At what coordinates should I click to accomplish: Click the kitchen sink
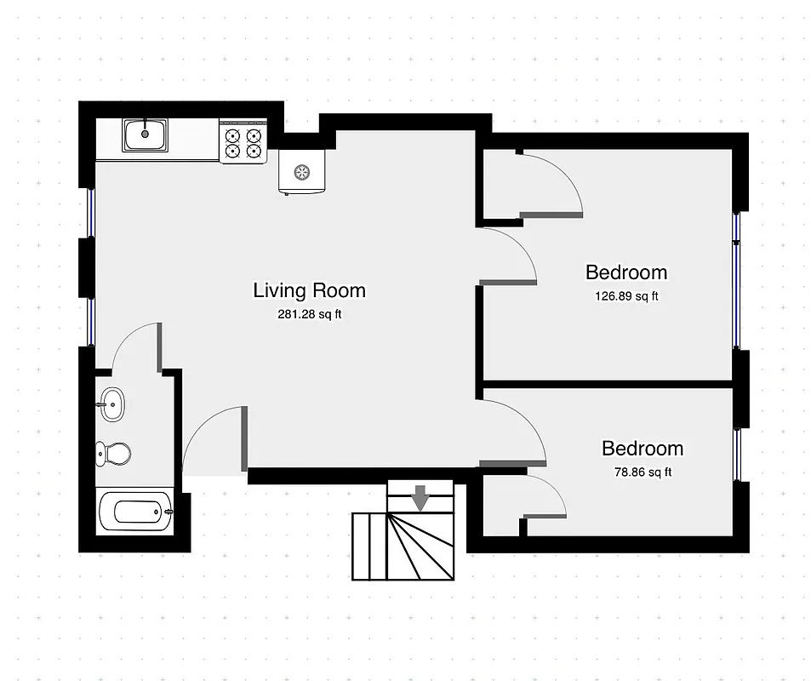pyautogui.click(x=146, y=134)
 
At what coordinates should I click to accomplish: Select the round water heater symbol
pyautogui.click(x=301, y=172)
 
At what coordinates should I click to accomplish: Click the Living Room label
pyautogui.click(x=309, y=290)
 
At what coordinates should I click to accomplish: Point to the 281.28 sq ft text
pyautogui.click(x=309, y=314)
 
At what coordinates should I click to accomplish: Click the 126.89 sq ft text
pyautogui.click(x=625, y=297)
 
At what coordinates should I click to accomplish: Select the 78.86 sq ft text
pyautogui.click(x=642, y=472)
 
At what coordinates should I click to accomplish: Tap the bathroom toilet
pyautogui.click(x=112, y=453)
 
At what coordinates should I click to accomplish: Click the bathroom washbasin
pyautogui.click(x=111, y=403)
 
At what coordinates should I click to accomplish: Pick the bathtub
pyautogui.click(x=135, y=512)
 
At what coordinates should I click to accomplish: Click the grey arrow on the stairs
pyautogui.click(x=420, y=496)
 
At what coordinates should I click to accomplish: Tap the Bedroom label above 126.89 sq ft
pyautogui.click(x=625, y=272)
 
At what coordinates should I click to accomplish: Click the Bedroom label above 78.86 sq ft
pyautogui.click(x=642, y=449)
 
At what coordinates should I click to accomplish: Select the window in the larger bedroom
pyautogui.click(x=736, y=281)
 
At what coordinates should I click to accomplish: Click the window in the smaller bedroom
pyautogui.click(x=736, y=453)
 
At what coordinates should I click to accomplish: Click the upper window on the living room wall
pyautogui.click(x=90, y=210)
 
